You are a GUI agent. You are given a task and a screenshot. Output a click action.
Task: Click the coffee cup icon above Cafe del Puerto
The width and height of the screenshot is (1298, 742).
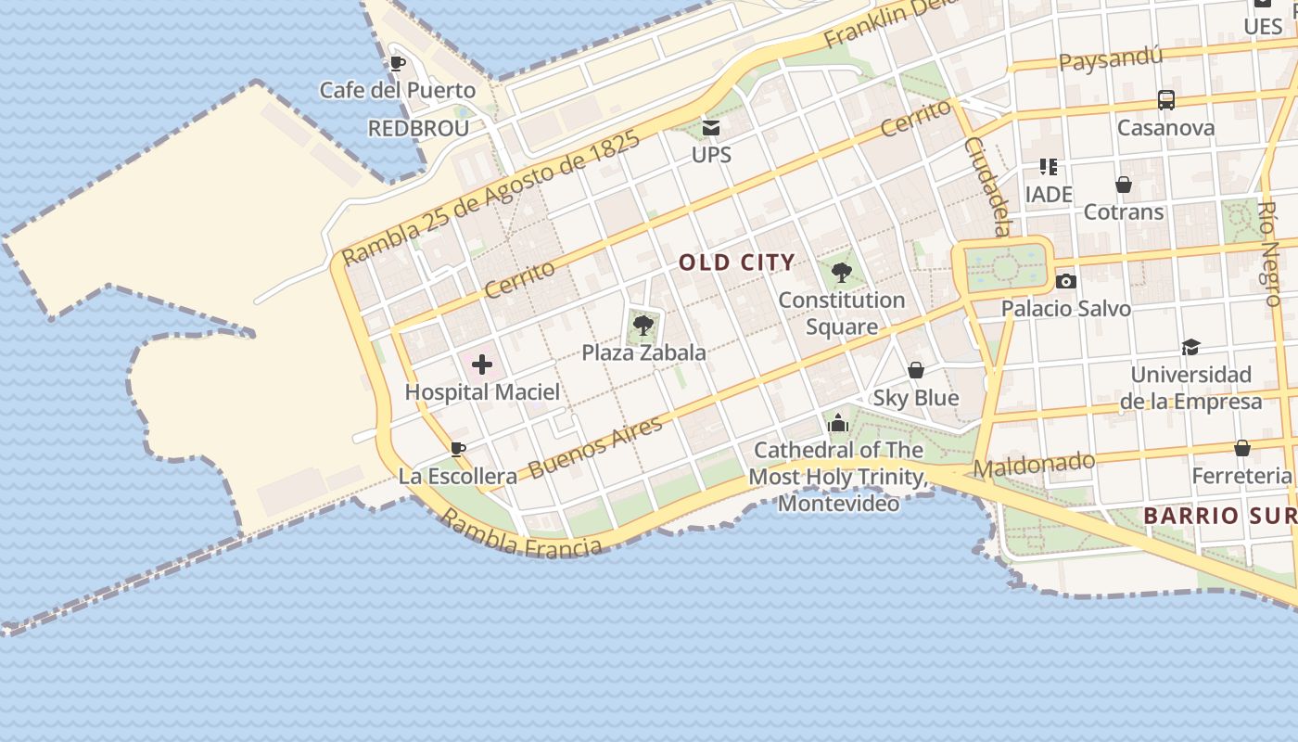pyautogui.click(x=398, y=63)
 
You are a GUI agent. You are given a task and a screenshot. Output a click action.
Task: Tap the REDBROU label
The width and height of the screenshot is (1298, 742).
pyautogui.click(x=418, y=128)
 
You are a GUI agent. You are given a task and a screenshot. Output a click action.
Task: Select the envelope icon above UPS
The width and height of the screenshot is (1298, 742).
pyautogui.click(x=711, y=128)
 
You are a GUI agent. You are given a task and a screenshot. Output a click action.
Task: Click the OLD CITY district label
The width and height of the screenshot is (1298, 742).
pyautogui.click(x=737, y=262)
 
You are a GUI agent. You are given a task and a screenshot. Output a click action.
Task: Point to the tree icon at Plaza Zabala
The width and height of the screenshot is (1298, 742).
pyautogui.click(x=643, y=326)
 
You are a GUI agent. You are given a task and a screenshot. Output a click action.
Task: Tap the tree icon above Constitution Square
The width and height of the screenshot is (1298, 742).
pyautogui.click(x=842, y=273)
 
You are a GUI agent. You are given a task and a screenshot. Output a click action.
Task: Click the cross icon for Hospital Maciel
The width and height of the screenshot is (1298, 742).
pyautogui.click(x=482, y=365)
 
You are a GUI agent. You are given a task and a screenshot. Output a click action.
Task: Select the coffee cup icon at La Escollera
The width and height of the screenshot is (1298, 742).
pyautogui.click(x=457, y=450)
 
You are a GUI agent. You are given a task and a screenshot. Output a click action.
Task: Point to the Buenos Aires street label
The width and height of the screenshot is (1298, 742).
pyautogui.click(x=596, y=446)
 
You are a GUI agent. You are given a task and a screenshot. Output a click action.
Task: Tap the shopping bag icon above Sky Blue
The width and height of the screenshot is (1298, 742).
pyautogui.click(x=916, y=370)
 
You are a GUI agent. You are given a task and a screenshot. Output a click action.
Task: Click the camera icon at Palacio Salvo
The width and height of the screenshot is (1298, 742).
pyautogui.click(x=1066, y=281)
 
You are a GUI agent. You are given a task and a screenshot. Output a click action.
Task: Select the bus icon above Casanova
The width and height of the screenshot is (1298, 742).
pyautogui.click(x=1165, y=100)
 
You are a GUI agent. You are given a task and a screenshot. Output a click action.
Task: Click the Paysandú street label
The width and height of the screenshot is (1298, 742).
pyautogui.click(x=1110, y=60)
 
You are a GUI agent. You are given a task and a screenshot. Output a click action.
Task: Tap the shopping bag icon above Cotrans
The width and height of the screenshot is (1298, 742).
pyautogui.click(x=1124, y=185)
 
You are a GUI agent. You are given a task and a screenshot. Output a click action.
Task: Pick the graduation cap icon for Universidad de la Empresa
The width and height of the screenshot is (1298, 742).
pyautogui.click(x=1190, y=347)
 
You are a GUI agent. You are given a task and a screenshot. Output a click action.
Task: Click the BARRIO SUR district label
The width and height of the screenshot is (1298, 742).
pyautogui.click(x=1218, y=516)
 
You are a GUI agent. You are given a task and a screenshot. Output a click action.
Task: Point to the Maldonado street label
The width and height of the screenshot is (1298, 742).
pyautogui.click(x=1034, y=465)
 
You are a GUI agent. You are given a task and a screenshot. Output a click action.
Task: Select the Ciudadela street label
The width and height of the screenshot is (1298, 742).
pyautogui.click(x=986, y=186)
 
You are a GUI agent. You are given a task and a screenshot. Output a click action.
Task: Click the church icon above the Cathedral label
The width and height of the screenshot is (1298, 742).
pyautogui.click(x=838, y=423)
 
